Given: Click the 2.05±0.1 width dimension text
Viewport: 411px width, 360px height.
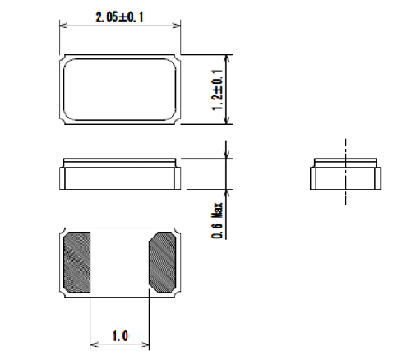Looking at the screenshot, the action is coord(119,17).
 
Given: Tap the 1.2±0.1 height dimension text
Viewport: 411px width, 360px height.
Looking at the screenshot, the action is coord(217,90).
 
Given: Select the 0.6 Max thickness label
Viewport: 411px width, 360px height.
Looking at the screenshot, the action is coord(217,220).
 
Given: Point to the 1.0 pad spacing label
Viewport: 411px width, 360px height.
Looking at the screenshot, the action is coord(120,336).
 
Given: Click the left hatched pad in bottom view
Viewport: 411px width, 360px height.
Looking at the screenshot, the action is coord(77,262).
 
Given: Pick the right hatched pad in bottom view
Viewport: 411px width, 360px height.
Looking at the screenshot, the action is coord(163,262).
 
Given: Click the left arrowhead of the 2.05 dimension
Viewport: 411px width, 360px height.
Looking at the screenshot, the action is coord(63,25).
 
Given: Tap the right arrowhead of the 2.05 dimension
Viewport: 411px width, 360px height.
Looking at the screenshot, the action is coord(177,25).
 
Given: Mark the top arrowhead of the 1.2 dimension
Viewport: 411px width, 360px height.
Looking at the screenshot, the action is coord(226,59).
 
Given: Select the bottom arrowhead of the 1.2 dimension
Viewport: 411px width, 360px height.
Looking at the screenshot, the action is coord(226,120).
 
